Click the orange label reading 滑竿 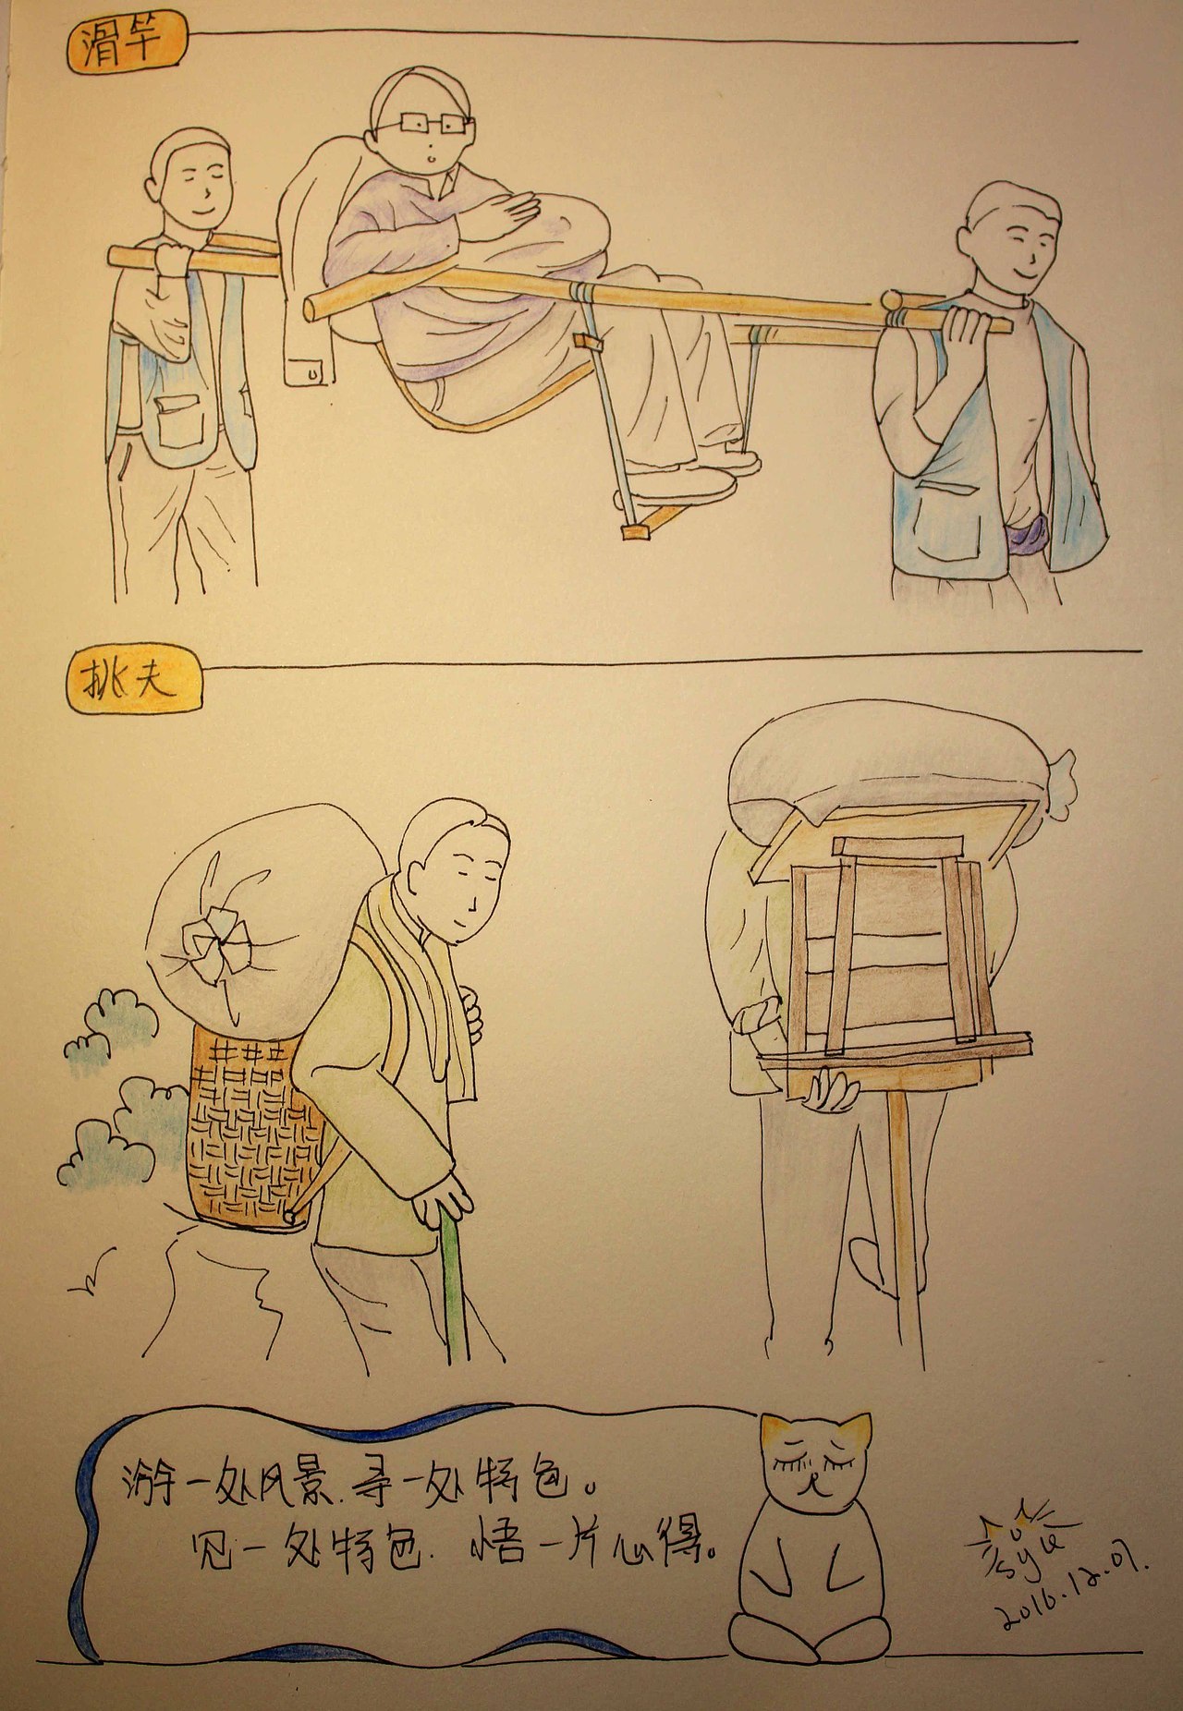pos(127,44)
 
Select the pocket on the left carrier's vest pos(179,420)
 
